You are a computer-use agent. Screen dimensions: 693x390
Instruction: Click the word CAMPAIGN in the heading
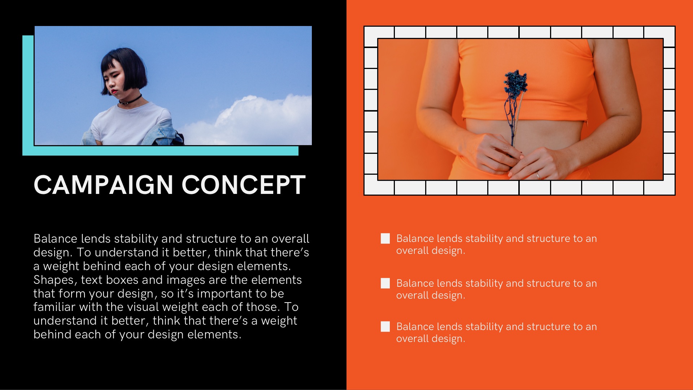coord(103,185)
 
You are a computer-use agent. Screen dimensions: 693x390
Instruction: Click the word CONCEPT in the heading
coord(244,185)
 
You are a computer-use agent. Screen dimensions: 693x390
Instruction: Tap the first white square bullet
coord(385,238)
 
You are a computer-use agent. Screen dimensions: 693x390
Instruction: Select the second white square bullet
coord(385,283)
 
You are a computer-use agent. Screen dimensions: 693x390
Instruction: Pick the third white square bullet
coord(385,326)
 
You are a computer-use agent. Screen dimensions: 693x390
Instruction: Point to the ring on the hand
coord(538,175)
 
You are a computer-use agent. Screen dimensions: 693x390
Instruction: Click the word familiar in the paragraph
coord(55,307)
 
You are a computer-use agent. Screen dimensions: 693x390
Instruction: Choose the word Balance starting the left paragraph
coord(56,239)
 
